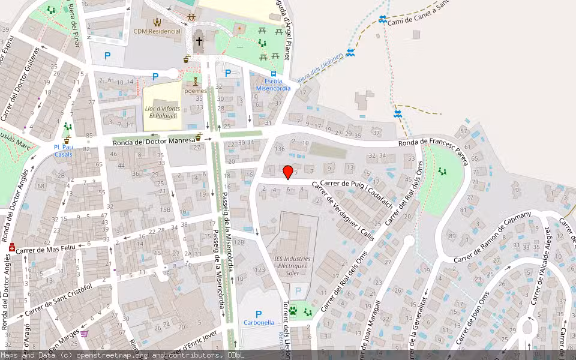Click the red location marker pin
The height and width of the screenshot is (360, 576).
point(288,172)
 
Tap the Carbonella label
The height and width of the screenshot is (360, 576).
point(259,322)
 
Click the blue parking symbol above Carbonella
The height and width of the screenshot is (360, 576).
point(259,314)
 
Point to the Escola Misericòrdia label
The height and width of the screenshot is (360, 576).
point(273,85)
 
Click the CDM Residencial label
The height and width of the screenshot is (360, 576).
point(157,31)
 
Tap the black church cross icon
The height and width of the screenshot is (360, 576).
point(199,41)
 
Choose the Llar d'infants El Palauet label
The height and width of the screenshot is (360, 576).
point(161,112)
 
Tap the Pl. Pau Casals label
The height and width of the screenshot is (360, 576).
point(63,151)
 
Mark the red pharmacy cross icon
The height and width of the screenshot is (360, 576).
point(12,247)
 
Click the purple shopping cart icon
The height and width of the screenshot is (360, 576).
point(85,334)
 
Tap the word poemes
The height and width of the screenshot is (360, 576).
point(195,91)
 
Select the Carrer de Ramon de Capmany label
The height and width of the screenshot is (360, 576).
point(493,237)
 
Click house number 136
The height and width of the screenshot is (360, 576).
point(279,149)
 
